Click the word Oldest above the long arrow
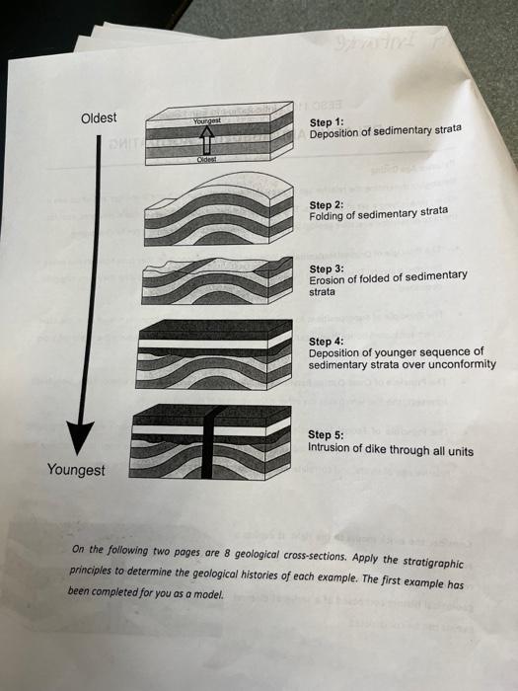[98, 118]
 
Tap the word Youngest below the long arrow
[76, 470]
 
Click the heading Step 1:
[327, 121]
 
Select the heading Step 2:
[326, 203]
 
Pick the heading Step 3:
[327, 269]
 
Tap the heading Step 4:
[326, 342]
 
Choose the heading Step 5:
[326, 434]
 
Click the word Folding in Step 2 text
[329, 215]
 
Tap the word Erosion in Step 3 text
[331, 280]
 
